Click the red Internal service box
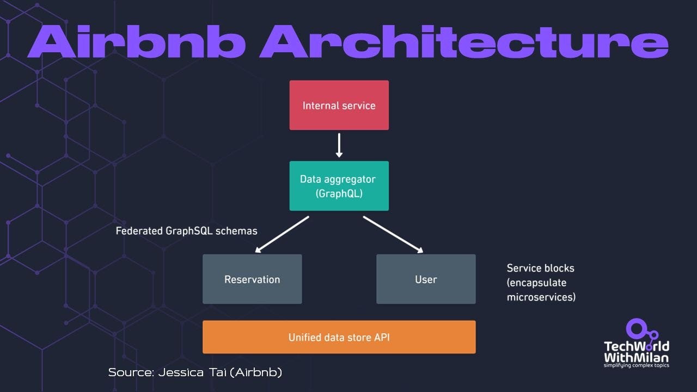point(339,105)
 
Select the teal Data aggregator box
point(339,186)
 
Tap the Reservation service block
point(252,279)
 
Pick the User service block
point(426,279)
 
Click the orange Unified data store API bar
point(339,337)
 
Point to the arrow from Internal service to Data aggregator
point(339,145)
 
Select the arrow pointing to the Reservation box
point(282,234)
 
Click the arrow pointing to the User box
point(393,234)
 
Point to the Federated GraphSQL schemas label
point(186,231)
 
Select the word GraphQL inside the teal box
point(339,193)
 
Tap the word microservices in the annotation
point(541,297)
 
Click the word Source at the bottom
point(130,372)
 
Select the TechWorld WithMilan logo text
point(637,352)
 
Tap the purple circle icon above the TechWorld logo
point(635,328)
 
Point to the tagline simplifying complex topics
point(637,365)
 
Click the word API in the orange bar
point(382,337)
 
